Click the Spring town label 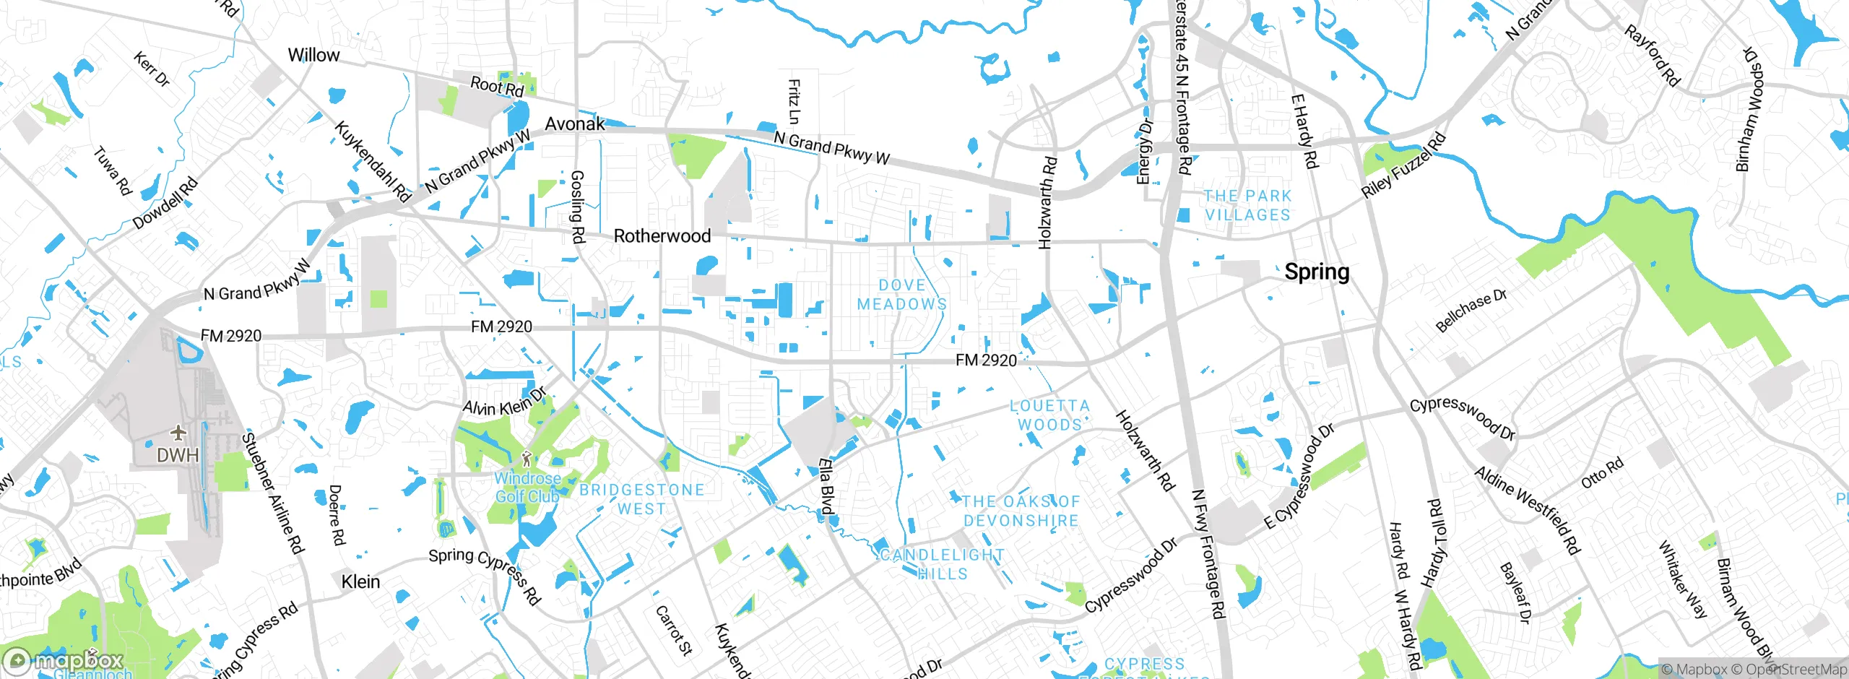pos(1316,272)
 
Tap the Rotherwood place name pos(662,236)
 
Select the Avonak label pos(574,124)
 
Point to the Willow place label pos(313,55)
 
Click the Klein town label pos(360,581)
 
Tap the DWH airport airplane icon pos(178,433)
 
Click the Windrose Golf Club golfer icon pos(527,458)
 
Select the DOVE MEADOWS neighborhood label pos(901,295)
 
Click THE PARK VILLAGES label pos(1247,206)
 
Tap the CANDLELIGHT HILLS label pos(942,564)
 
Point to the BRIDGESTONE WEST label pos(641,499)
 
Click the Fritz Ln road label pos(793,102)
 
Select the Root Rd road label pos(496,87)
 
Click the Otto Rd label pos(1601,473)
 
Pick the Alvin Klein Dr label pos(504,403)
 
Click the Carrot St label pos(673,630)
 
